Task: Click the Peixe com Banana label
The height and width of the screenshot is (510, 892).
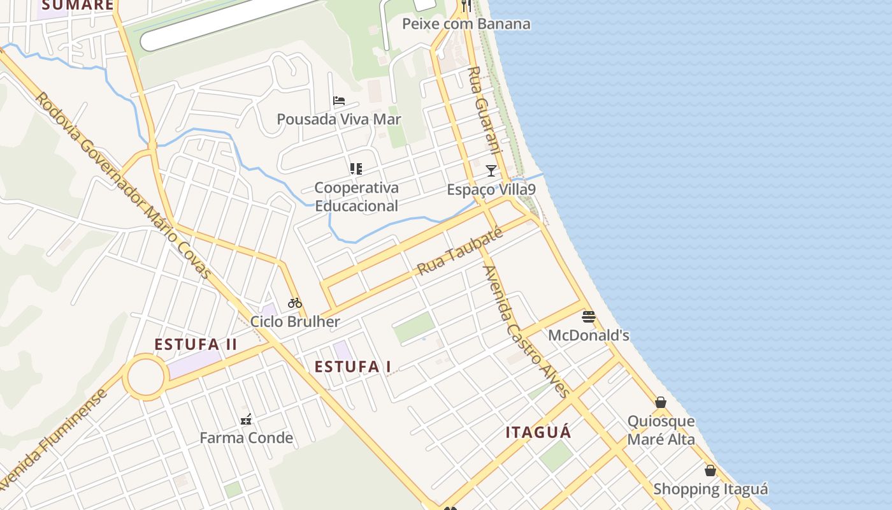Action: tap(466, 24)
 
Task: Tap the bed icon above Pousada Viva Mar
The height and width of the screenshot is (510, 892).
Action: tap(339, 101)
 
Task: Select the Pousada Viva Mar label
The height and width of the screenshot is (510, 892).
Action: tap(339, 119)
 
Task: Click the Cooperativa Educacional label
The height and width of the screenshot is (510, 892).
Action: tap(356, 196)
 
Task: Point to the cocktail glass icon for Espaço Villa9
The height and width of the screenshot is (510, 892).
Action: tap(491, 170)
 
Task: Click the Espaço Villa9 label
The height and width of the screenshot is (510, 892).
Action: tap(491, 189)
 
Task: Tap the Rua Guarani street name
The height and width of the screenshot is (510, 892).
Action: tap(486, 110)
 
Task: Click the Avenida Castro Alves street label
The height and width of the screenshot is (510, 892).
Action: tap(526, 331)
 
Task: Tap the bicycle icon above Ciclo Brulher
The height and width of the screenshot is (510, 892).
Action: tap(294, 303)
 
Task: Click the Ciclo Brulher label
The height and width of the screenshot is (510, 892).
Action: tap(295, 321)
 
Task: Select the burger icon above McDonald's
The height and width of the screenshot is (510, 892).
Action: tap(589, 316)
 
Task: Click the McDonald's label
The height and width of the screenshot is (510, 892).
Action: tap(589, 335)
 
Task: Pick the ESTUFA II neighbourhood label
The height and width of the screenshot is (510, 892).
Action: tap(196, 345)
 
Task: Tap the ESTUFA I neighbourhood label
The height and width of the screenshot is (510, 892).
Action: tap(353, 367)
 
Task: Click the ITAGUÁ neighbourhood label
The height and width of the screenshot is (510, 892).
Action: tap(538, 432)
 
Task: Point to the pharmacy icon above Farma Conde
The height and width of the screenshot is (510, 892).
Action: tap(246, 419)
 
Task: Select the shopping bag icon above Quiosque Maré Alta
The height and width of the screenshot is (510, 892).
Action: tap(661, 402)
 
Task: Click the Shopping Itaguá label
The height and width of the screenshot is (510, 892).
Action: tap(710, 490)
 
